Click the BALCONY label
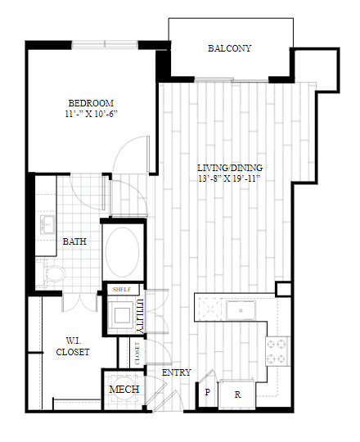pos(229,48)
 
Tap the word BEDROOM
pos(91,103)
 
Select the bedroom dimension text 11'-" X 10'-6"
pos(91,114)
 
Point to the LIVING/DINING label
pos(230,168)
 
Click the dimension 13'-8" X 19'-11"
pos(229,178)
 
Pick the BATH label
pos(74,241)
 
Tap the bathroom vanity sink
pos(47,224)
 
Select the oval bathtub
pos(122,252)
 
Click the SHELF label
pos(122,290)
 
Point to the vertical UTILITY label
pos(140,316)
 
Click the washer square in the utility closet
pos(122,315)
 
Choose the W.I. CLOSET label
pos(73,346)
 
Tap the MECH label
pos(124,390)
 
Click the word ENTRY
pos(177,372)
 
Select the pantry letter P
pos(208,392)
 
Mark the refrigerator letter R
pos(238,395)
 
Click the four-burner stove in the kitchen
pos(278,351)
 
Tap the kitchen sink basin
pos(241,310)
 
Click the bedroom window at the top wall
pos(105,44)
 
